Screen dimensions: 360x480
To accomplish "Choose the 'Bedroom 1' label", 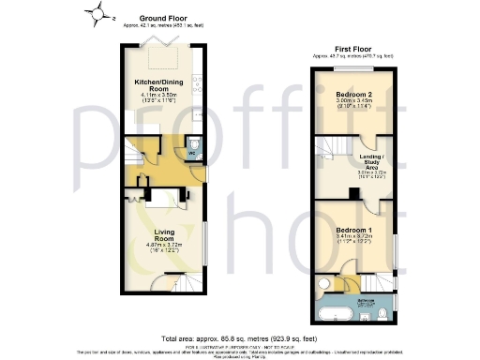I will [357, 230].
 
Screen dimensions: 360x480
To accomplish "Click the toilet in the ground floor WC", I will [194, 144].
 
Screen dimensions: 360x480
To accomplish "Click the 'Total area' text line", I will [239, 337].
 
